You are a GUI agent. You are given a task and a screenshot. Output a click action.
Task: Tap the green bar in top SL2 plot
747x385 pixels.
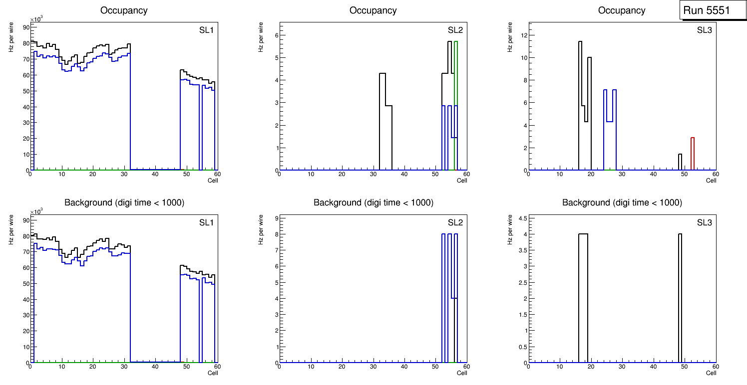coord(456,105)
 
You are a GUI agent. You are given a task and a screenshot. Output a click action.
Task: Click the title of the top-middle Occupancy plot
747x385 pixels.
coord(373,10)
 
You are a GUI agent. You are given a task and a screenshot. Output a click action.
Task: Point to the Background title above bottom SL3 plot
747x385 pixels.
coord(622,202)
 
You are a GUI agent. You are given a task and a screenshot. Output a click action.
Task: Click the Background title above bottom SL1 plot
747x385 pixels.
coord(124,202)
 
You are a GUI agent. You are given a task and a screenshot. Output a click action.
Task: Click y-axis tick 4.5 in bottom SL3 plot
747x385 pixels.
coord(522,218)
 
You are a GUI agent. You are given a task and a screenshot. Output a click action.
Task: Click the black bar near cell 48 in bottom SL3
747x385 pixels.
coord(680,299)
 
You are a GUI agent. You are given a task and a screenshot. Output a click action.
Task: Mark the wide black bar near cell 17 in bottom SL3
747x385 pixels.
coord(583,299)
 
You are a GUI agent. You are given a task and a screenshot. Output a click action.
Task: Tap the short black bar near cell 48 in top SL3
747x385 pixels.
coord(680,162)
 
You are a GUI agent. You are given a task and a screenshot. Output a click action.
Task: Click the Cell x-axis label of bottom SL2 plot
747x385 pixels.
coord(462,373)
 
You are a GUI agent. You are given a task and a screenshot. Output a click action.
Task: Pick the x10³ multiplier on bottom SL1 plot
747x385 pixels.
coord(36,212)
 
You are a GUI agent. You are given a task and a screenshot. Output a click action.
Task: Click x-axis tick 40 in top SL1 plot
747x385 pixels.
coord(155,174)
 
